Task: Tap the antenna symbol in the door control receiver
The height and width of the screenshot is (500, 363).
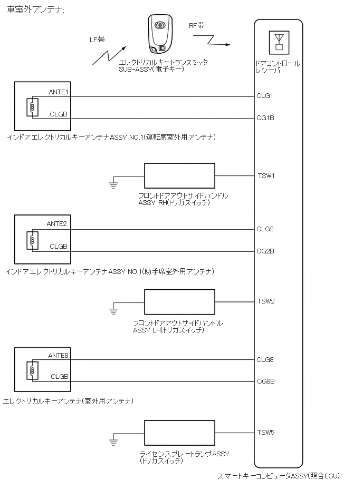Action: coord(279,42)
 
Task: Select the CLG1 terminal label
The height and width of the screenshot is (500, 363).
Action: coord(265,96)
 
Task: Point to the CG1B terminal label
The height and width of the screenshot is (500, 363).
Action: coord(265,118)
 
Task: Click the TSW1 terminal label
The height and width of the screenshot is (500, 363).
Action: coord(266,175)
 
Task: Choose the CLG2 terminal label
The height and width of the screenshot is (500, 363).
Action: coord(265,229)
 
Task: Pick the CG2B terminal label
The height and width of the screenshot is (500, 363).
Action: coord(265,251)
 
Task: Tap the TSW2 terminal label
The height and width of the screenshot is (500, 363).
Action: coord(266,301)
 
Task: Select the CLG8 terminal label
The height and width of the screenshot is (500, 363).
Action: coord(265,360)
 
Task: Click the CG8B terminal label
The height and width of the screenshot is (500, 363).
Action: coord(265,381)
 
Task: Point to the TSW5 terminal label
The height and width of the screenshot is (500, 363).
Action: coord(266,433)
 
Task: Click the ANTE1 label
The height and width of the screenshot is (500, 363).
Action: coord(58,92)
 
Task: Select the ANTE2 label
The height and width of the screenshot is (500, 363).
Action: coord(57,224)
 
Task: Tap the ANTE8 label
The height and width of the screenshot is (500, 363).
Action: coord(58,355)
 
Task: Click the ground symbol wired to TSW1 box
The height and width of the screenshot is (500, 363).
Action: coord(112,183)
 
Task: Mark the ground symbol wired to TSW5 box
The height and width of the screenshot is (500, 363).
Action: coord(113,442)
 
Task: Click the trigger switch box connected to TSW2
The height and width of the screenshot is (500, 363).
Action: coord(179,302)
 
